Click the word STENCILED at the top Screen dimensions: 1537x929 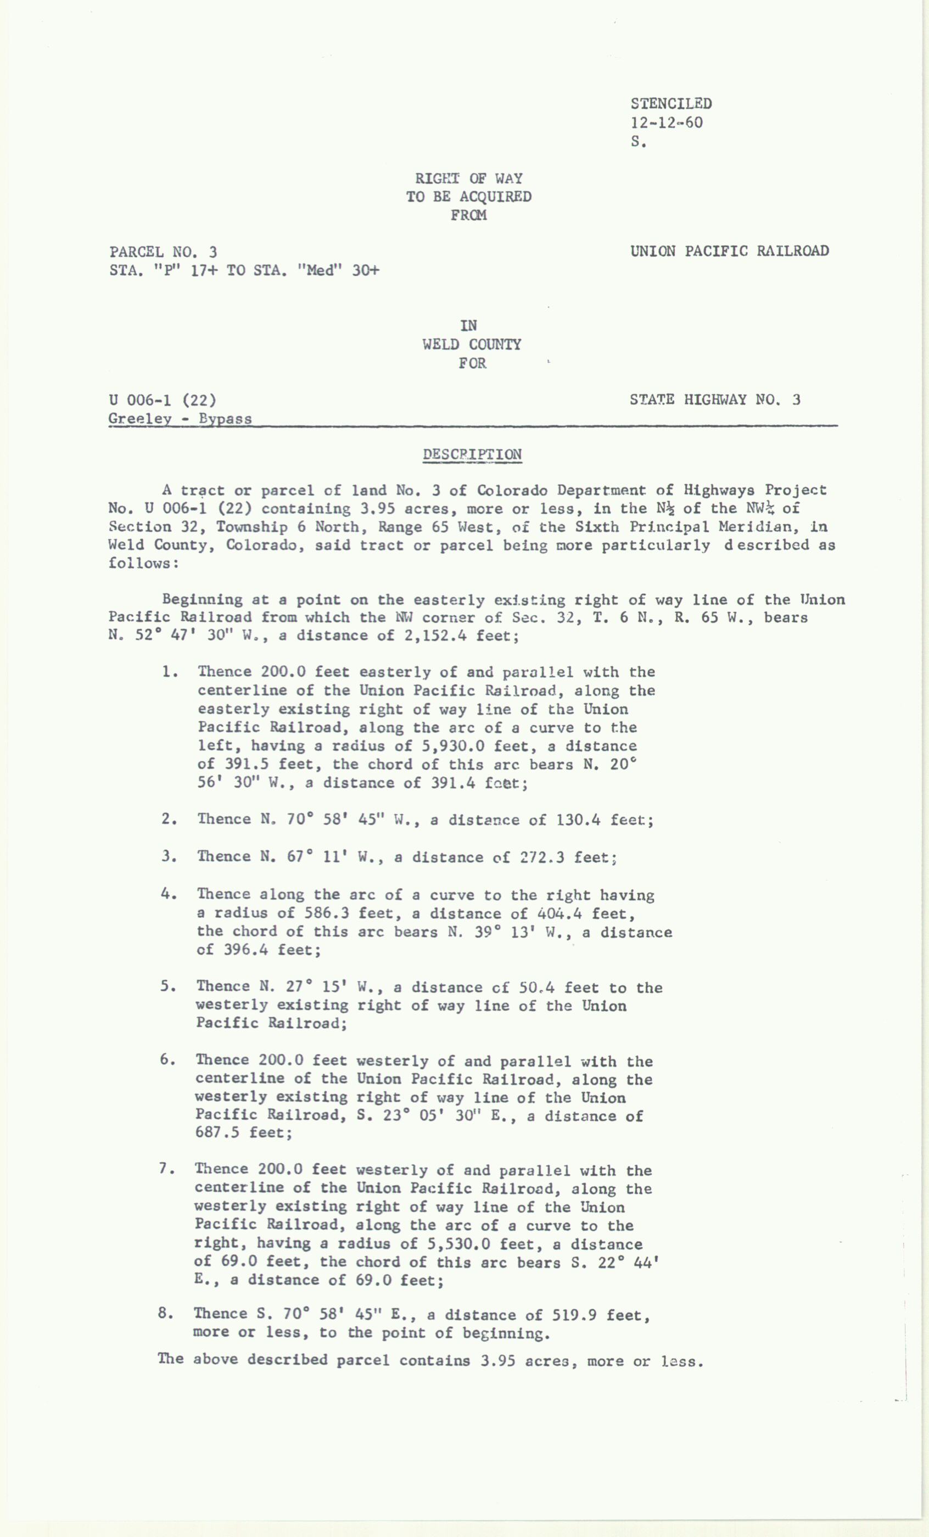[671, 104]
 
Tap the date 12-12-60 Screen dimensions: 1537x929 [667, 122]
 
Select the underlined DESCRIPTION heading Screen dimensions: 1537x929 [472, 454]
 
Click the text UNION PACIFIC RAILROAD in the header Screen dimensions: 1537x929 [729, 251]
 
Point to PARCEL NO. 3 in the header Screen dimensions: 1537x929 [163, 252]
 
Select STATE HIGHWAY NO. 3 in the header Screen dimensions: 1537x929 [714, 399]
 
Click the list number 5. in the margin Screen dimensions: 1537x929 [166, 987]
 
